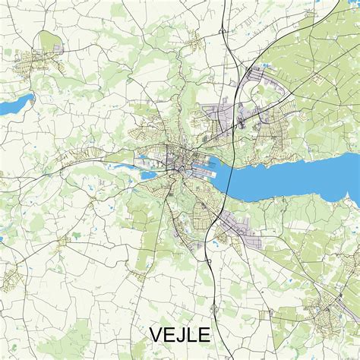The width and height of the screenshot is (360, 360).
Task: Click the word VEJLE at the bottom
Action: point(179,335)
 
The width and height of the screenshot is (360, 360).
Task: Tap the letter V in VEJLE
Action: point(155,335)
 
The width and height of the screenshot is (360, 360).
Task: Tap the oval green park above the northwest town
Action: point(49,40)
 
